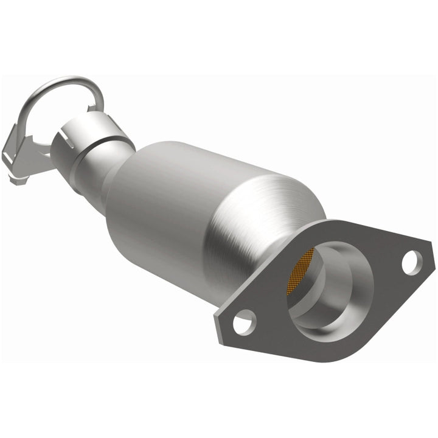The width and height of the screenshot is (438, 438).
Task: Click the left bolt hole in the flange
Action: [x=244, y=321]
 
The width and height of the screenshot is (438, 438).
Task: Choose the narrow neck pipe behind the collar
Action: [x=97, y=173]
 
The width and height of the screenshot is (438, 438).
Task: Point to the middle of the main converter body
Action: [x=201, y=201]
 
